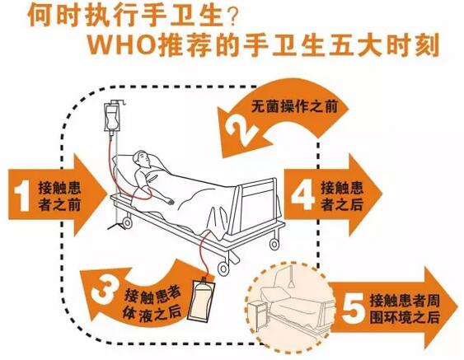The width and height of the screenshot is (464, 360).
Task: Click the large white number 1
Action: pos(22,196)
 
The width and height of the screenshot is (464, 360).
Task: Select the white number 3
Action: pos(104,292)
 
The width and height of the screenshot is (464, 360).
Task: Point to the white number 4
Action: pos(302,195)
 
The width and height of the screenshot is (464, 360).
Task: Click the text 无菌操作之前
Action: pos(294,106)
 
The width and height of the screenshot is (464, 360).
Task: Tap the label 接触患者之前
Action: pos(59,196)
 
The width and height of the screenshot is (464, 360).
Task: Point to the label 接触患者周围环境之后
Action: pos(405,309)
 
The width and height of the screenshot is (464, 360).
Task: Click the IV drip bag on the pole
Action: pos(112,118)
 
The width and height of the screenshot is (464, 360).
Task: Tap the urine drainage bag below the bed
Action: pos(201,299)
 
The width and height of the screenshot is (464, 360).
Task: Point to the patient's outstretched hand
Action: pos(170,202)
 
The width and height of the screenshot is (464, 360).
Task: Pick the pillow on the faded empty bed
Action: pos(275,295)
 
